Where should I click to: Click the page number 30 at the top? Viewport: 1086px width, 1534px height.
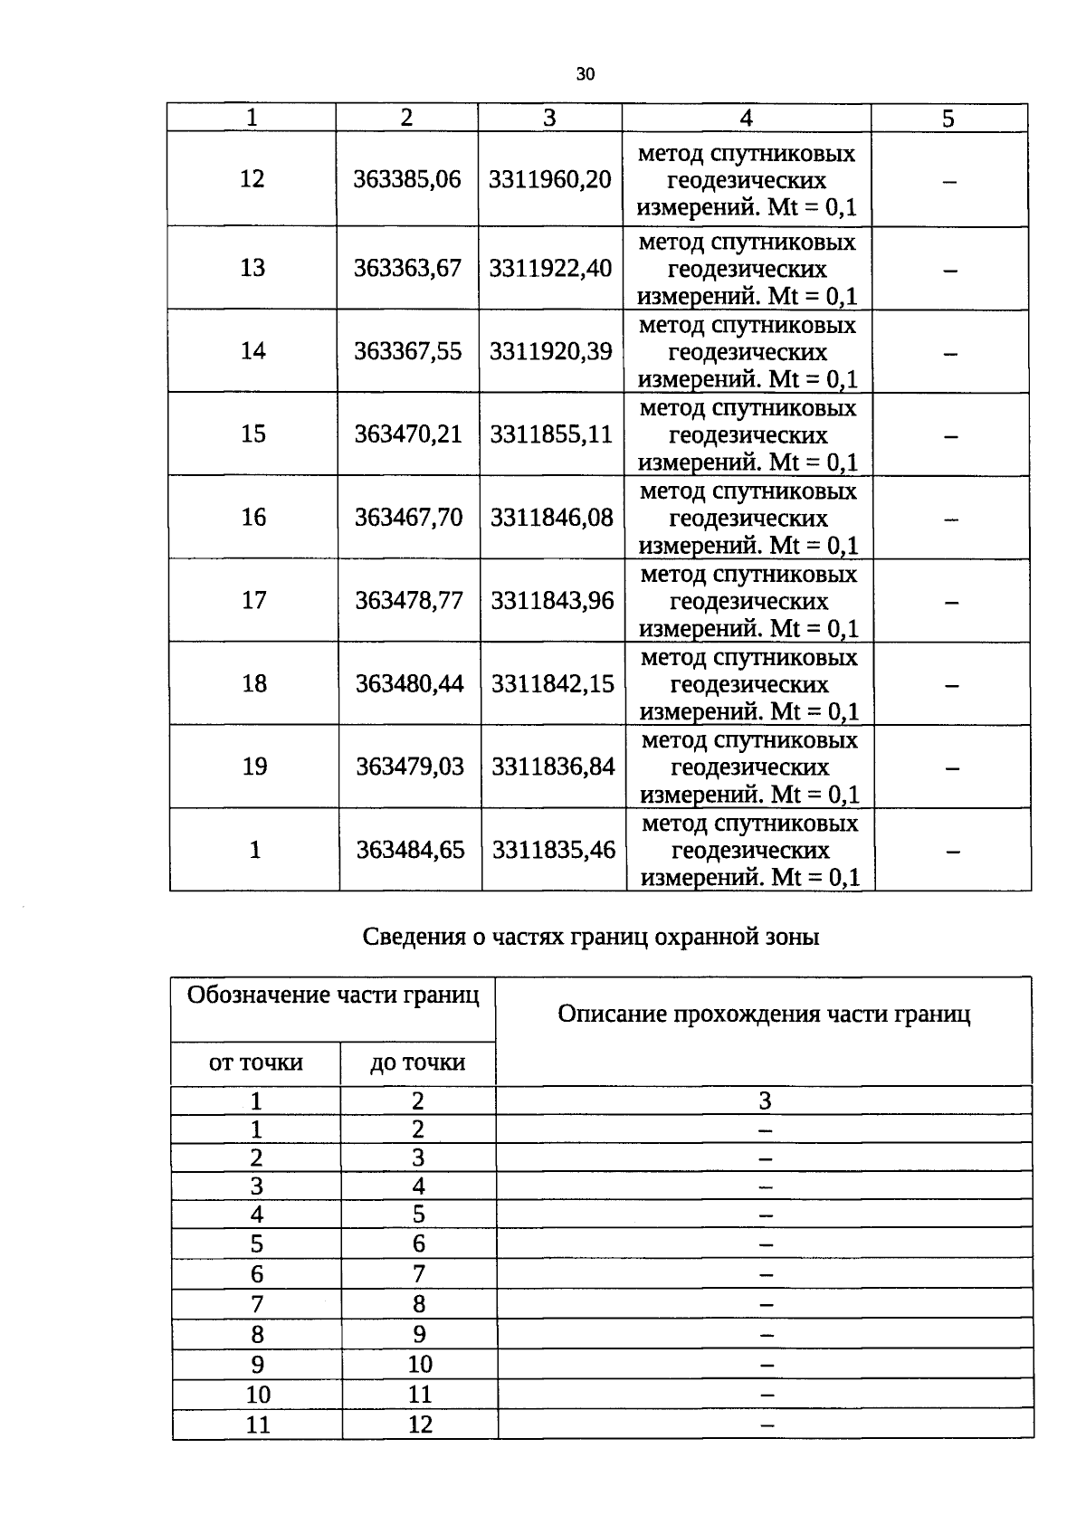(x=585, y=74)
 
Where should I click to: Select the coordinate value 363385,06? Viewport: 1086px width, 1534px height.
(x=407, y=179)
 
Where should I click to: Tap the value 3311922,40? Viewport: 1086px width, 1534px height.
(x=550, y=268)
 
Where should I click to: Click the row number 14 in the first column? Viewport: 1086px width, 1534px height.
(x=252, y=351)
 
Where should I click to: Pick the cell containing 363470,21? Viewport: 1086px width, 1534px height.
(x=408, y=434)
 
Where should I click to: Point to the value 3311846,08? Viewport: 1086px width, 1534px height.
(x=552, y=518)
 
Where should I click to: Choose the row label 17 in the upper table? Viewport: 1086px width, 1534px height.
(x=253, y=601)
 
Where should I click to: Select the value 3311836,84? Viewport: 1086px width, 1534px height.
(x=553, y=767)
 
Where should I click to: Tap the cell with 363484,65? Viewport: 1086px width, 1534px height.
(x=410, y=851)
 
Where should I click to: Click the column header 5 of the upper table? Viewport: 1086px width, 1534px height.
(x=948, y=119)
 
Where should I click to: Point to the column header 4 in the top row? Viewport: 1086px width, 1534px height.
(x=746, y=118)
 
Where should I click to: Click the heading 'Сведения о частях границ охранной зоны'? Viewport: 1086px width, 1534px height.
(x=590, y=937)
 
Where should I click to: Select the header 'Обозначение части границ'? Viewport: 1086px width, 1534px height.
(x=333, y=996)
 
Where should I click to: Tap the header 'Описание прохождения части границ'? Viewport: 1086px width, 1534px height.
(x=764, y=1015)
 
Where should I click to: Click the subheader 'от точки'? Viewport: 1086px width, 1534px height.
(x=256, y=1062)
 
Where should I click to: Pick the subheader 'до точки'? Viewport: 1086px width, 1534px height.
(x=417, y=1062)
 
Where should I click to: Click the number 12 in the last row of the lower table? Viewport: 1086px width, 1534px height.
(x=420, y=1424)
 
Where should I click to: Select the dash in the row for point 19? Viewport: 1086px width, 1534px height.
(x=952, y=768)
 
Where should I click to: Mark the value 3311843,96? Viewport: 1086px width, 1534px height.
(x=552, y=601)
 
